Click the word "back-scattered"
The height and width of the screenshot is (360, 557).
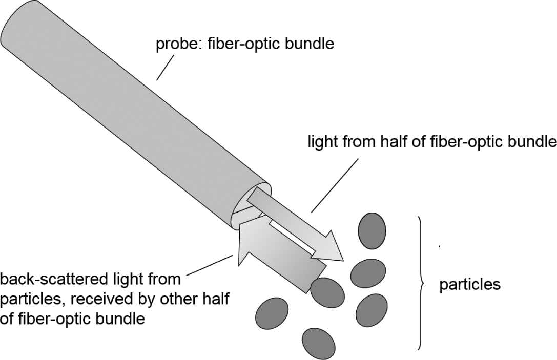[56, 280]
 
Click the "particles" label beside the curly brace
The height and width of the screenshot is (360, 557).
[470, 284]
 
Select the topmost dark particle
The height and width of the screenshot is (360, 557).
[372, 230]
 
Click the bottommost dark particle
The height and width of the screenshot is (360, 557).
[318, 344]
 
